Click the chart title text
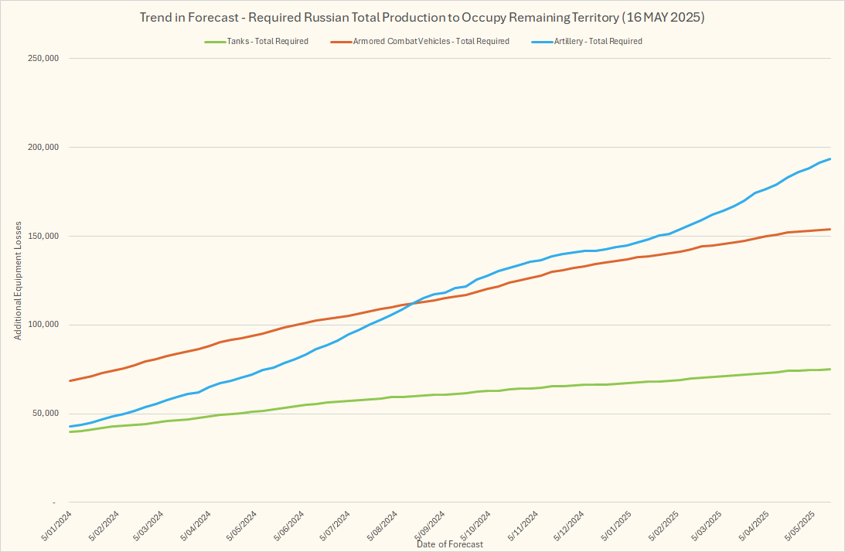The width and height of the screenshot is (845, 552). tap(422, 16)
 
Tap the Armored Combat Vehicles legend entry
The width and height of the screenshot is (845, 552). tap(431, 41)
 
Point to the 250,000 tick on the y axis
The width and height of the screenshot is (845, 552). tap(43, 59)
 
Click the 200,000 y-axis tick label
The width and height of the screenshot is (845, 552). tap(43, 148)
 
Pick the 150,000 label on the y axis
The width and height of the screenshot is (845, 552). tap(43, 237)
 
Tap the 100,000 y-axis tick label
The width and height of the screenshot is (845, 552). tap(43, 325)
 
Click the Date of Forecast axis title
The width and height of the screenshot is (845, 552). tap(450, 544)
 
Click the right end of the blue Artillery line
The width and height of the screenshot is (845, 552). tap(830, 159)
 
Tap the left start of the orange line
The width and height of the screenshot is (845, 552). tap(70, 380)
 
